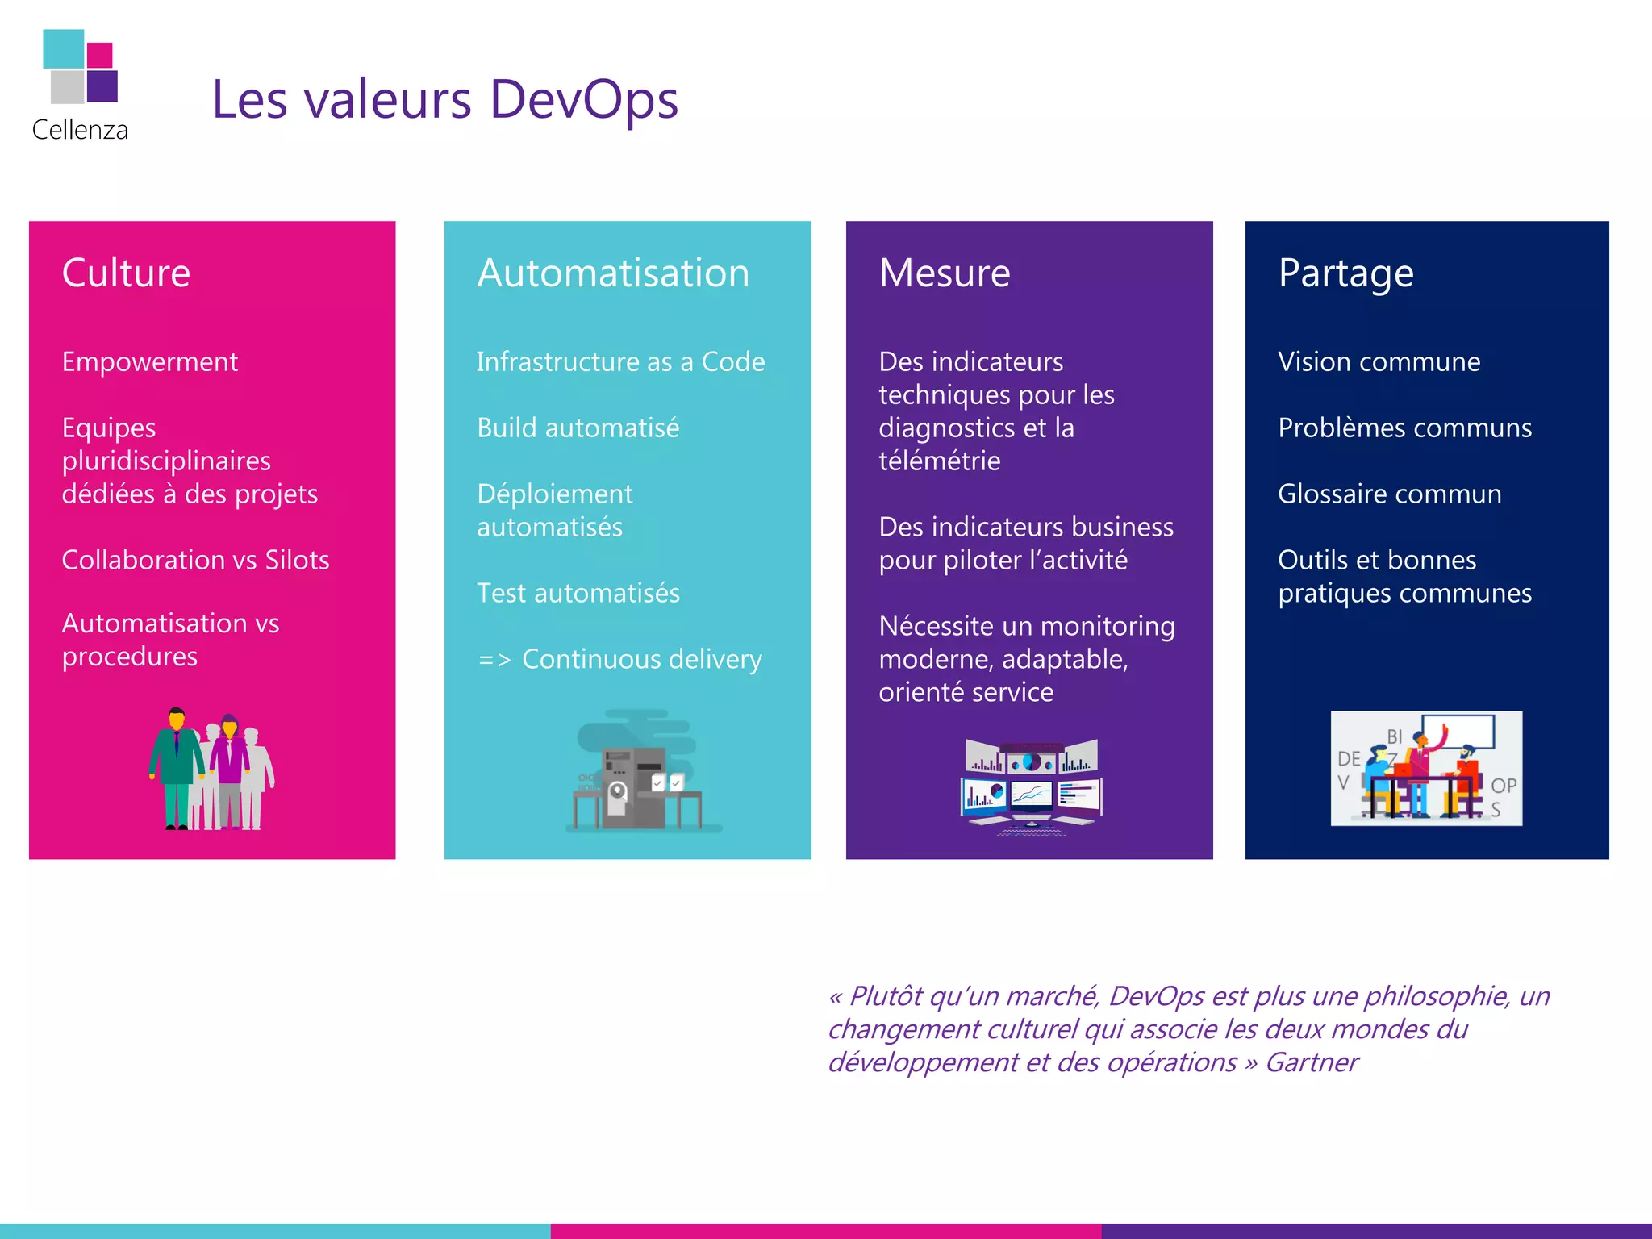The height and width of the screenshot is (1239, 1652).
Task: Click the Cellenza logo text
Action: [x=80, y=130]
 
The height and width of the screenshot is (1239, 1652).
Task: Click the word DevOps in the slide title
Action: [x=583, y=100]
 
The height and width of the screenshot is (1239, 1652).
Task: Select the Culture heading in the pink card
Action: [x=126, y=273]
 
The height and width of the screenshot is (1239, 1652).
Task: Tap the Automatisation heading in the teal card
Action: [x=613, y=273]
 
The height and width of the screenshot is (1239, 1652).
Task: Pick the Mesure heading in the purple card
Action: [x=944, y=273]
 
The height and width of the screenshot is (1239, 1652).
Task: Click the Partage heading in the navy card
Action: [x=1345, y=273]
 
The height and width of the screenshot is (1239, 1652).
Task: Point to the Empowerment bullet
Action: [x=149, y=362]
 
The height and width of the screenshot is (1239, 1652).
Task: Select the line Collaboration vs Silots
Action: [x=195, y=560]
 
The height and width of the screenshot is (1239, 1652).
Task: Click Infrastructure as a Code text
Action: [x=620, y=362]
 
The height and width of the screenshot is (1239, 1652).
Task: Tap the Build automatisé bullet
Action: [x=578, y=428]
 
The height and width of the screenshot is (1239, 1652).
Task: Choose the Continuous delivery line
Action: [x=641, y=659]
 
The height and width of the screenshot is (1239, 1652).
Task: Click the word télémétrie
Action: [x=939, y=461]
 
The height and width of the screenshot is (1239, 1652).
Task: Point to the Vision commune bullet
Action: [x=1379, y=362]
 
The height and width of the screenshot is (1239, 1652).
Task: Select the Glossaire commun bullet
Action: [x=1389, y=494]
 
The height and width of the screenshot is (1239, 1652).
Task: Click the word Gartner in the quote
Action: [x=1312, y=1062]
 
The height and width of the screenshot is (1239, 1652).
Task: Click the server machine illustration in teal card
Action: [x=633, y=778]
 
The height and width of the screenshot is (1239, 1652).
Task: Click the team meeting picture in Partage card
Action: [x=1426, y=768]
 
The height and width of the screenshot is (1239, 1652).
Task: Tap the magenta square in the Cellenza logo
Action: [x=100, y=55]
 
